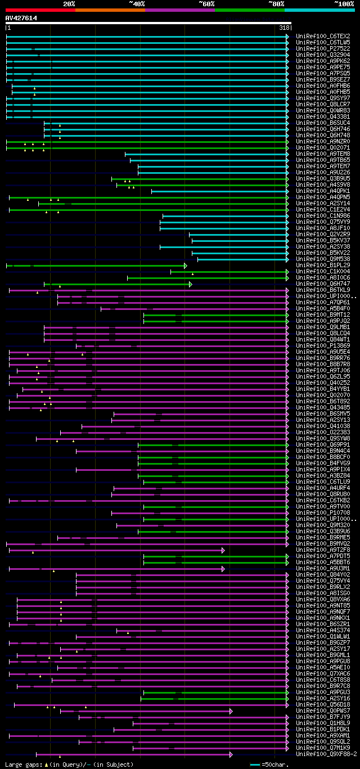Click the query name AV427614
tap(21, 18)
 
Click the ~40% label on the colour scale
tap(137, 3)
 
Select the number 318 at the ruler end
tap(284, 28)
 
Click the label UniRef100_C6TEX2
tap(323, 36)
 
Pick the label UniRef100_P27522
tap(323, 48)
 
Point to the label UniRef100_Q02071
tap(323, 147)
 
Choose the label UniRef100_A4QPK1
tap(323, 191)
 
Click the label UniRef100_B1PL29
tap(323, 265)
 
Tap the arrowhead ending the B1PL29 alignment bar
tap(185, 265)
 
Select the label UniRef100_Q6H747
tap(323, 284)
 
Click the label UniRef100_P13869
tap(323, 345)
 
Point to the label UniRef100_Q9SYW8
tap(323, 438)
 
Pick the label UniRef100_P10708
tap(323, 512)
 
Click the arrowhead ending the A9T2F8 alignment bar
tap(223, 550)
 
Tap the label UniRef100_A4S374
tap(323, 630)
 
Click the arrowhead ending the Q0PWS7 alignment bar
tap(231, 710)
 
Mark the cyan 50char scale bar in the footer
tap(255, 764)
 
